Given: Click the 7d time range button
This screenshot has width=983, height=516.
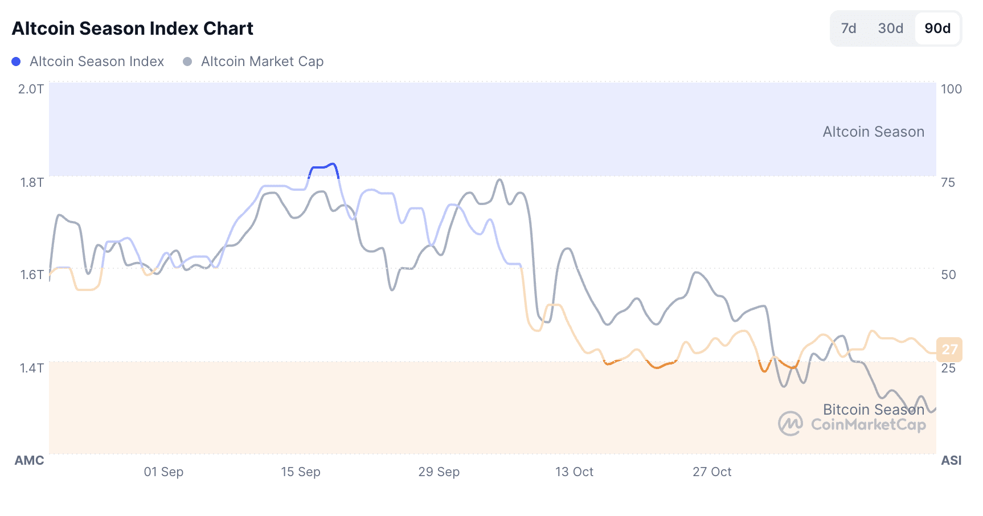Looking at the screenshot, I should [x=849, y=28].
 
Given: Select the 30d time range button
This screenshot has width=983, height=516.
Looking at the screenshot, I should [x=891, y=28].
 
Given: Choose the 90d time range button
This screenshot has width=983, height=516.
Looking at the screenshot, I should [x=937, y=28].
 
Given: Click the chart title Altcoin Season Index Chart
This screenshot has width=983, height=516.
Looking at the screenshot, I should [x=133, y=28].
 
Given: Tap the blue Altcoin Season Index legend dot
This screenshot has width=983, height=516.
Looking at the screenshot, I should [x=17, y=62].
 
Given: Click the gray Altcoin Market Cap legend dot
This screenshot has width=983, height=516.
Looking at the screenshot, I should [x=187, y=62].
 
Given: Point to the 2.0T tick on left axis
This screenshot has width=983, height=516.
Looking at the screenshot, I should [x=31, y=89].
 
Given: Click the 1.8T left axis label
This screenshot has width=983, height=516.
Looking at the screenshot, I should [x=32, y=182].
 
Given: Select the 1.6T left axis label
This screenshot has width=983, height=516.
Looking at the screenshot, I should [x=32, y=275].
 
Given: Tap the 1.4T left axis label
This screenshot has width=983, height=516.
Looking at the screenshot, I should [x=32, y=368].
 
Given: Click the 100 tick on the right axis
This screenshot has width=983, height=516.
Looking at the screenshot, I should [x=951, y=89].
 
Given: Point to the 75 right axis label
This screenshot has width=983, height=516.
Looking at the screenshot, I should [x=948, y=182].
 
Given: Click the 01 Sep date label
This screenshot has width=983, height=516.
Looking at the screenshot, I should [x=163, y=472].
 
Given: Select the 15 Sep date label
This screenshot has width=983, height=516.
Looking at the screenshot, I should [x=301, y=472].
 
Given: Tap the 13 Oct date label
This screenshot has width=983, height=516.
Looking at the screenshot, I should [x=574, y=472].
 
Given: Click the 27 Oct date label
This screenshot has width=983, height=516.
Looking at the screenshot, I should [x=712, y=472].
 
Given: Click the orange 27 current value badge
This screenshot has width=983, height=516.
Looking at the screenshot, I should [x=949, y=349].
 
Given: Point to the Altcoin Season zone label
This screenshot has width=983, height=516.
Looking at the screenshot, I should [x=873, y=132].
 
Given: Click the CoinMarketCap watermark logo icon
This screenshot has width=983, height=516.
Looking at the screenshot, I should [x=791, y=424].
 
